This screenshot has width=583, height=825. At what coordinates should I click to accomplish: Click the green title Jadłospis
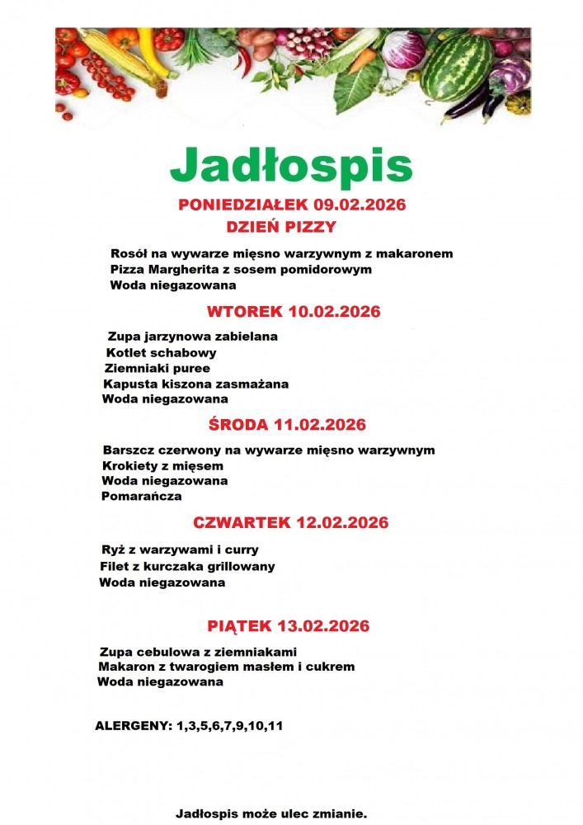[290, 166]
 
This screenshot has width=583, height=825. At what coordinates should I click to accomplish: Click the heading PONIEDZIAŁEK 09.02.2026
[292, 205]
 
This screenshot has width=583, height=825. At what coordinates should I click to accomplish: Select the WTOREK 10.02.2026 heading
[293, 312]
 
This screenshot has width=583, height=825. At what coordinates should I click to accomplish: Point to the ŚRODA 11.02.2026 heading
[287, 425]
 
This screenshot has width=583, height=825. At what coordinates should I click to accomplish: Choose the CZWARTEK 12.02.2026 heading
[290, 522]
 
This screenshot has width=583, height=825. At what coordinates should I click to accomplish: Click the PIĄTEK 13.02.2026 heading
[288, 626]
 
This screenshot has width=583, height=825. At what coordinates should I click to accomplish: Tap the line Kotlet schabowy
[150, 353]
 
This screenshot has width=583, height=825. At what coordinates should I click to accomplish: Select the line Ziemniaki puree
[157, 369]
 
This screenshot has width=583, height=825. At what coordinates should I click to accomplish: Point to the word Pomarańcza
[141, 497]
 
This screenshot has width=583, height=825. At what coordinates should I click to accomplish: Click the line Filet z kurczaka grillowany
[187, 567]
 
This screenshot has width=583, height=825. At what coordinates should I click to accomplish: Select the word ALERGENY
[134, 727]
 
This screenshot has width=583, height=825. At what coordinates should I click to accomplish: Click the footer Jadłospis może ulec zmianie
[271, 813]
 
